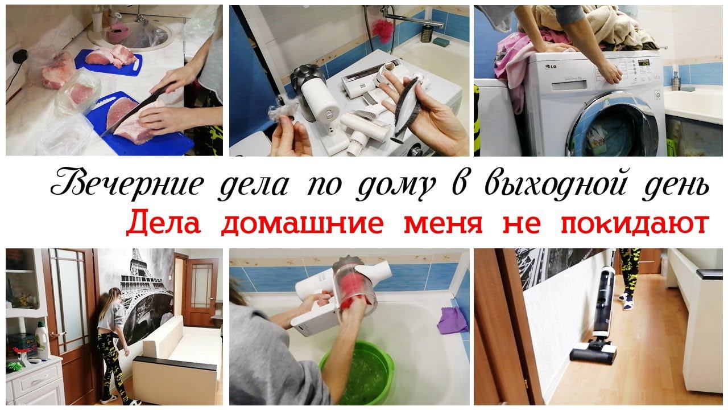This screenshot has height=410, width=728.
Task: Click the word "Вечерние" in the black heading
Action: click(x=127, y=183)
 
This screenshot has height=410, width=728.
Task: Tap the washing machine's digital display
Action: click(x=643, y=63)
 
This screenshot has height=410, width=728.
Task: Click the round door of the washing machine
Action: click(x=618, y=126)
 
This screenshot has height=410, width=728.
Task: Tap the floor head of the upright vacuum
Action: click(x=593, y=354)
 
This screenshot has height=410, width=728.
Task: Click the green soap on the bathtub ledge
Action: click(x=441, y=42)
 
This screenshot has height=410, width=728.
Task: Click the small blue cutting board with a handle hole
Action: click(x=109, y=63)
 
